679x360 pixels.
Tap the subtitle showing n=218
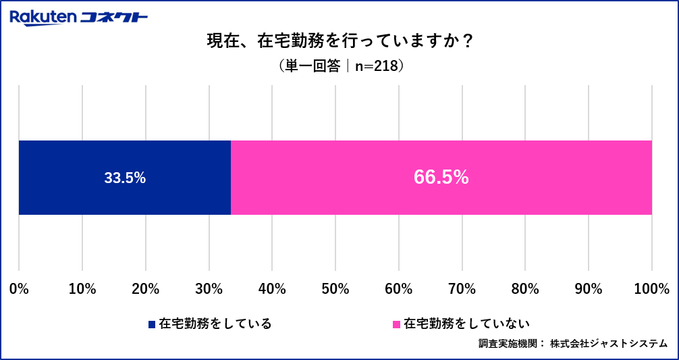[x=340, y=66]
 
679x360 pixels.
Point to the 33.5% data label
[x=125, y=178]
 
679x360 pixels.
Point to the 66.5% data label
[x=441, y=178]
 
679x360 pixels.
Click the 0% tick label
[x=19, y=289]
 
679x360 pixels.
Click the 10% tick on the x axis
[x=82, y=289]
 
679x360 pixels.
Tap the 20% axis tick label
[x=145, y=289]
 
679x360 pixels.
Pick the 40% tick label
[x=271, y=289]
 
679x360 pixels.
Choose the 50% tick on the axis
[x=335, y=289]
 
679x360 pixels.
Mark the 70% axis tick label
[x=462, y=289]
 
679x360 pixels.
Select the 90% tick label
[x=588, y=289]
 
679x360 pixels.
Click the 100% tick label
[x=651, y=289]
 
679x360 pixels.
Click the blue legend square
[x=152, y=324]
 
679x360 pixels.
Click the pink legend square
[x=397, y=324]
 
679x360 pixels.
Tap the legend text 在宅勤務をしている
[x=215, y=324]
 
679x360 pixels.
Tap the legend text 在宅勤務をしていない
[x=466, y=324]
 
